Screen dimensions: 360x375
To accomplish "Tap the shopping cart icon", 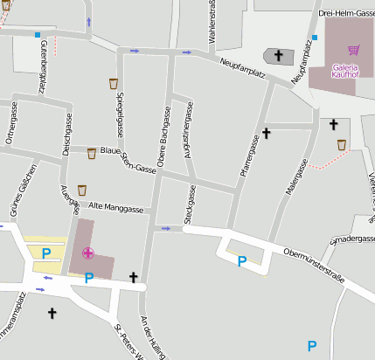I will point(353,51).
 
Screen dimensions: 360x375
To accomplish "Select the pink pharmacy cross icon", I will point(87,253).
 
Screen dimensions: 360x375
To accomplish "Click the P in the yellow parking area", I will point(46,253).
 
